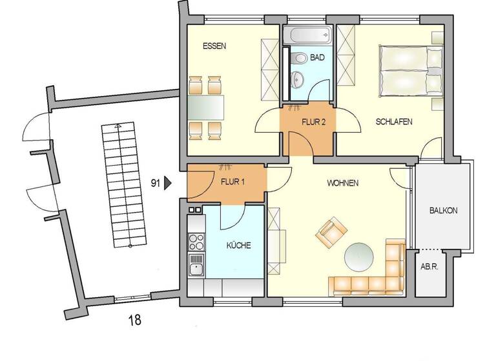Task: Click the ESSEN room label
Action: tap(214, 46)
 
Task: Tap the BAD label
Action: tap(317, 58)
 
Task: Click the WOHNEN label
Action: tap(342, 183)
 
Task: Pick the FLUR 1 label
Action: tap(232, 182)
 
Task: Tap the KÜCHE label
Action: tap(238, 246)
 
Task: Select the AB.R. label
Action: tap(429, 266)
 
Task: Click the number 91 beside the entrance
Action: tap(155, 184)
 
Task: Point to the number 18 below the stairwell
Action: tap(134, 319)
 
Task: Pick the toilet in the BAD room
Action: tap(300, 59)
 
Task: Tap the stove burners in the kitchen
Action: tap(195, 242)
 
